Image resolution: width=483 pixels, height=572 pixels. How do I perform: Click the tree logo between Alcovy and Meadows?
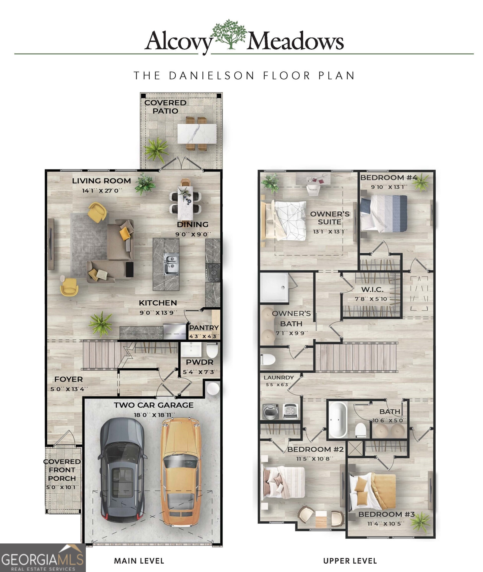229,34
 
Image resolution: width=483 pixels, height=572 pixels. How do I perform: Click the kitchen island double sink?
171,264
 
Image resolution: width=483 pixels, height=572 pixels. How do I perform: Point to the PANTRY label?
204,328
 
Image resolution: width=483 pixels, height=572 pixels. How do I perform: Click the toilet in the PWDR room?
212,350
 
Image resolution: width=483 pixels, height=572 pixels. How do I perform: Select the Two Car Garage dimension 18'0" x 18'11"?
154,415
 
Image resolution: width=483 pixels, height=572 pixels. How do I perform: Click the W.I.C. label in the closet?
372,289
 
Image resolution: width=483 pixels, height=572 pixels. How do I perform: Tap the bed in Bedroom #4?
383,214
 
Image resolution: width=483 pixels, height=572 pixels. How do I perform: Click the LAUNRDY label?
279,378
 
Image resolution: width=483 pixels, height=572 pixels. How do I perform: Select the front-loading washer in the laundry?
270,411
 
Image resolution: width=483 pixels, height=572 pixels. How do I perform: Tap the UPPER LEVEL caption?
350,561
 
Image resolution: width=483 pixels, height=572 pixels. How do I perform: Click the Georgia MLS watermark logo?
42,558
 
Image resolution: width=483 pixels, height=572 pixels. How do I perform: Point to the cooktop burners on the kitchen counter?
213,273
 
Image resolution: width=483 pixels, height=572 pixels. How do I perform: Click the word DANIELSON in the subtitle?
212,76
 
